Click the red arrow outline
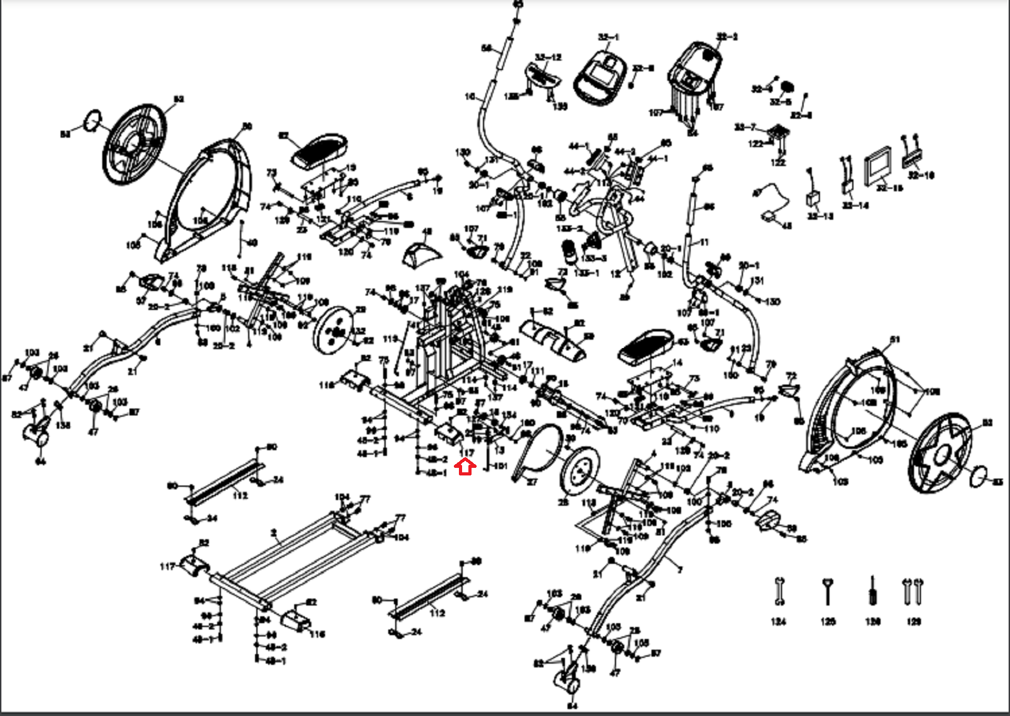click(465, 467)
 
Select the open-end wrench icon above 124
click(779, 592)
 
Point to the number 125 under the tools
click(828, 622)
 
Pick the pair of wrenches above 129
click(913, 591)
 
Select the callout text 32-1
click(609, 38)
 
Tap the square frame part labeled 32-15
click(878, 165)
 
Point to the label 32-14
click(855, 205)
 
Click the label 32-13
click(821, 216)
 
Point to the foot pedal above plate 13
click(318, 149)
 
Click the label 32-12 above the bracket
click(548, 57)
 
